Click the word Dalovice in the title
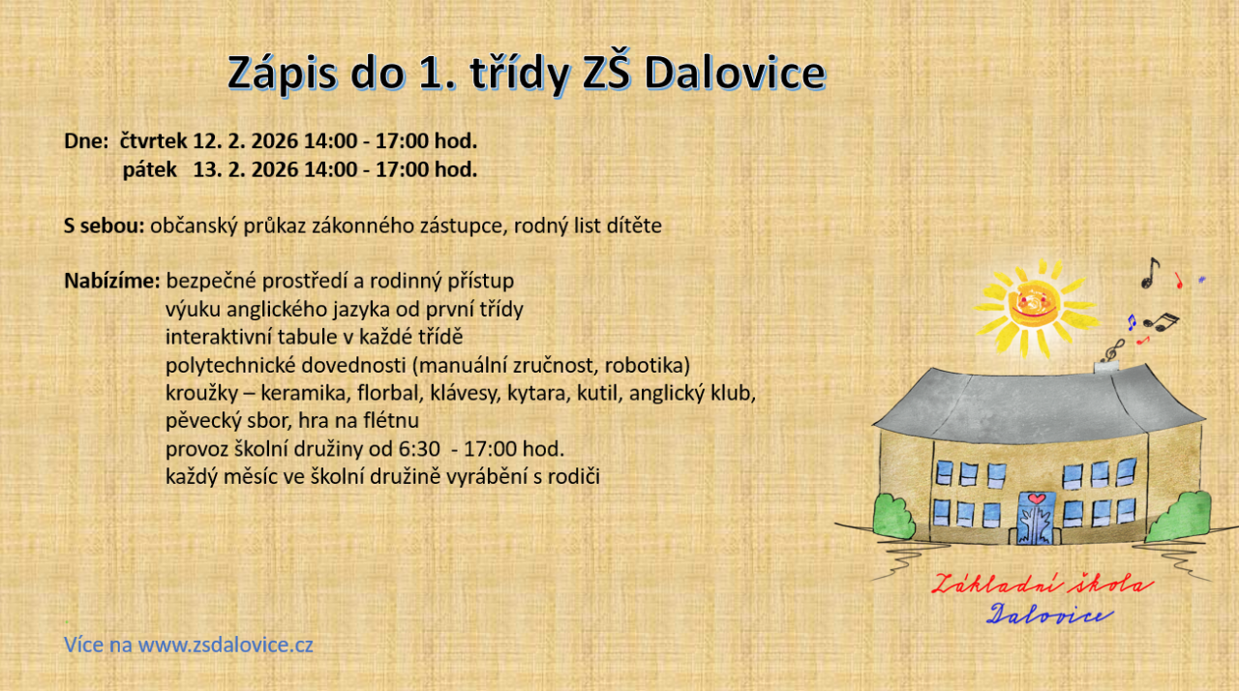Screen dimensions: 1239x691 pyautogui.click(x=735, y=73)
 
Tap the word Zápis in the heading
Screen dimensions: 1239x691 pyautogui.click(x=282, y=75)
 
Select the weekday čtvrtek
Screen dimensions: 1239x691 pyautogui.click(x=153, y=141)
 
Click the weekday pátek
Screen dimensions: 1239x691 pyautogui.click(x=149, y=169)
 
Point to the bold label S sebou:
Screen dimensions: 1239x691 pyautogui.click(x=104, y=225)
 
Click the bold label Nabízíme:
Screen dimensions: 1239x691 pyautogui.click(x=111, y=281)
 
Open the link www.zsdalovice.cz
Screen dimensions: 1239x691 pyautogui.click(x=226, y=645)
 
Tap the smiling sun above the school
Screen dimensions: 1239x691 pyautogui.click(x=1033, y=307)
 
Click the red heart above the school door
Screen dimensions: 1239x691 pyautogui.click(x=1037, y=498)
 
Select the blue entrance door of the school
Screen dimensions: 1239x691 pyautogui.click(x=1036, y=519)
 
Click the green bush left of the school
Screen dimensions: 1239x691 pyautogui.click(x=893, y=517)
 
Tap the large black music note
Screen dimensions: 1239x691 pyautogui.click(x=1151, y=274)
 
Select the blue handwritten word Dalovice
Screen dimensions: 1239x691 pyautogui.click(x=1049, y=615)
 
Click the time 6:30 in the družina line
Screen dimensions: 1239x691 pyautogui.click(x=419, y=449)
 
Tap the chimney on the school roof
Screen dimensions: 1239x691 pyautogui.click(x=1106, y=367)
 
